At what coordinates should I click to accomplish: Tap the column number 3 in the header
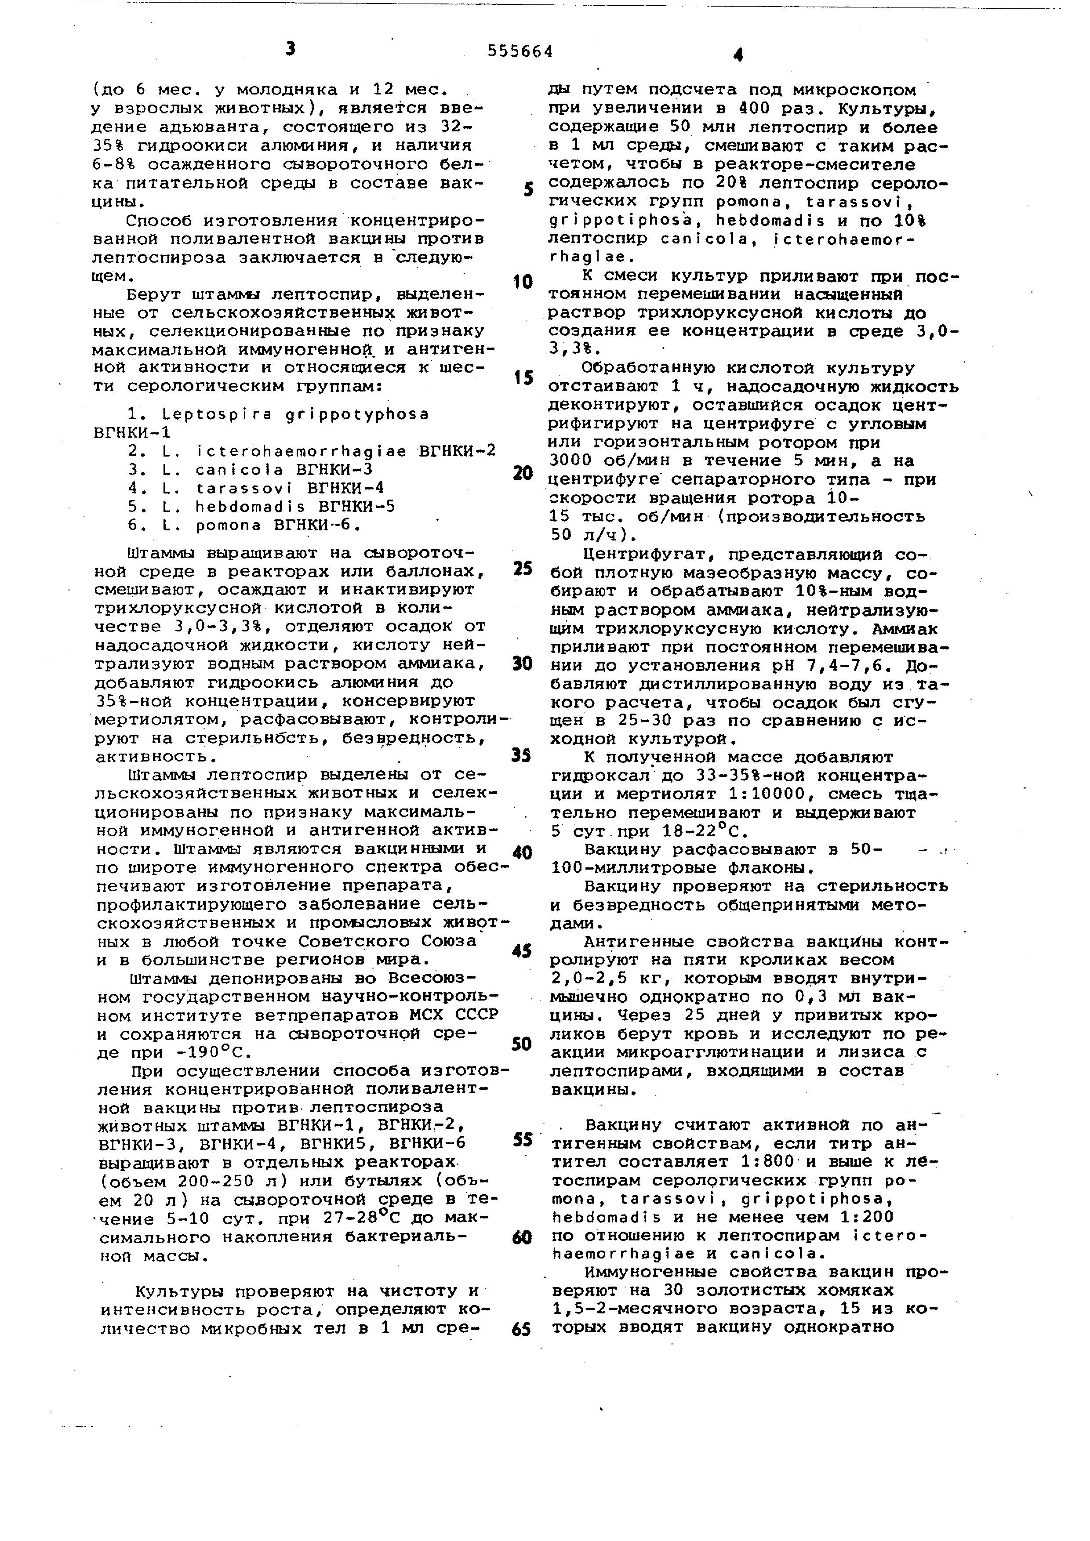(290, 48)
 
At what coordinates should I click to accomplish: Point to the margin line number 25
(522, 569)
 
